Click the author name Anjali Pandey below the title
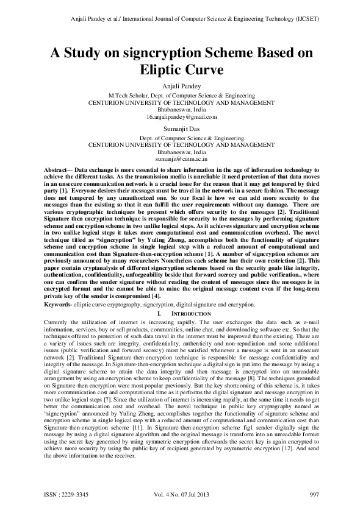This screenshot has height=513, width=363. pyautogui.click(x=181, y=87)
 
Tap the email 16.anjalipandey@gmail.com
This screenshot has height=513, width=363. pyautogui.click(x=181, y=116)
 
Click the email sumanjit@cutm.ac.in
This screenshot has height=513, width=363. pyautogui.click(x=181, y=158)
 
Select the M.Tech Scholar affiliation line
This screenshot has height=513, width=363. pyautogui.click(x=181, y=96)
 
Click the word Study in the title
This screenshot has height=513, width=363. pyautogui.click(x=87, y=53)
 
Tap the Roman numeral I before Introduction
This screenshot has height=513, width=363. pyautogui.click(x=158, y=312)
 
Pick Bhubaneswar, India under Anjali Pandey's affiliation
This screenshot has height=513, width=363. pyautogui.click(x=181, y=110)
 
